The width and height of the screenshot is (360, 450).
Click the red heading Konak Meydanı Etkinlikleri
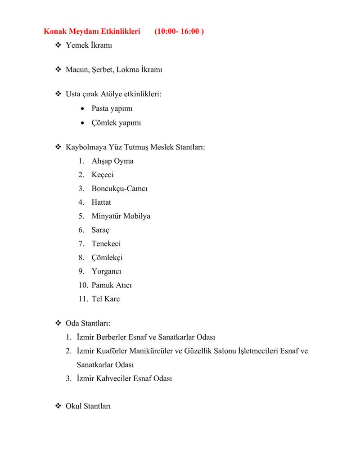click(x=92, y=32)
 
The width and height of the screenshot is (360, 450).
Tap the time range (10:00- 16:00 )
click(x=179, y=32)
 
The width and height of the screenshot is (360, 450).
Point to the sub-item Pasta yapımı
click(x=112, y=108)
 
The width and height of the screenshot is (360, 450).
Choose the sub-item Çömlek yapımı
click(x=116, y=122)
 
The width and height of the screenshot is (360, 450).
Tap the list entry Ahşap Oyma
click(x=112, y=161)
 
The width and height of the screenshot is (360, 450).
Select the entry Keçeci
click(x=103, y=175)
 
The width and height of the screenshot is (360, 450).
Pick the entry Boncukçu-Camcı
click(x=119, y=189)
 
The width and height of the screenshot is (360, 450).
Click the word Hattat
click(x=101, y=202)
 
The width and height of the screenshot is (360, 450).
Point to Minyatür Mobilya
click(x=121, y=216)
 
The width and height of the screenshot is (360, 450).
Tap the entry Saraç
click(x=100, y=230)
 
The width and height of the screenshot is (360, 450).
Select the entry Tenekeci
click(x=106, y=243)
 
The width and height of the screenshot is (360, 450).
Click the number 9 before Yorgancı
click(x=81, y=271)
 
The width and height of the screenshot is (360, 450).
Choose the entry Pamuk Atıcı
click(x=112, y=285)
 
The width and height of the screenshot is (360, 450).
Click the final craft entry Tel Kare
click(x=106, y=299)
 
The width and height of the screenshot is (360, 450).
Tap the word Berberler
click(x=112, y=337)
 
